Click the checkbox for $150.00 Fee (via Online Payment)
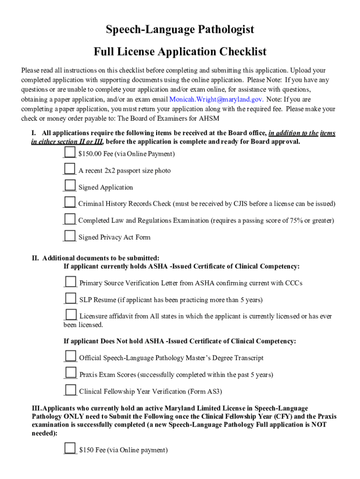(70, 152)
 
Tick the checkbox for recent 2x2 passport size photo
(70, 169)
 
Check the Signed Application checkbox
(70, 186)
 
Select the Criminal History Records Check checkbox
(70, 202)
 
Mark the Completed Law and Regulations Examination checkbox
(70, 218)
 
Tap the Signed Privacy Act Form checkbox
(70, 235)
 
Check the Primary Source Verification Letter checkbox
(71, 282)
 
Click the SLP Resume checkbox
(71, 298)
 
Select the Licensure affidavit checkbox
(71, 315)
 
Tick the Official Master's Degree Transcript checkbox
(71, 356)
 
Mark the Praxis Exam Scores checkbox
(71, 373)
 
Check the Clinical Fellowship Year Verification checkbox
(71, 390)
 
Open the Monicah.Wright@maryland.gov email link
(216, 100)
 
